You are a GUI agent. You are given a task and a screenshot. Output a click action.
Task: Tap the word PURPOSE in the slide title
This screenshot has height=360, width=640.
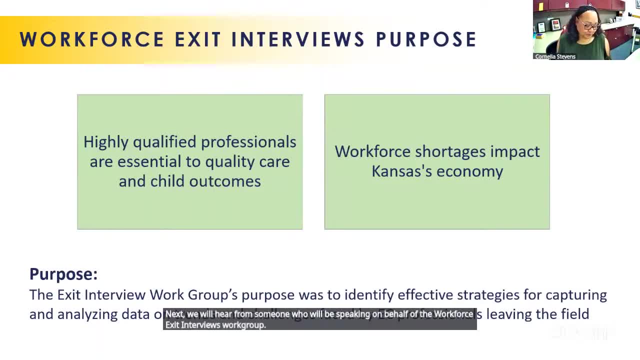pos(426,39)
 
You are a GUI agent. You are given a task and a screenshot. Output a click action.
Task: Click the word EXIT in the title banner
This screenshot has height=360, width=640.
pos(198,39)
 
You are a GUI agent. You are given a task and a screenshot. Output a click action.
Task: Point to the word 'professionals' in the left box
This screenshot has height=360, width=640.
pos(251,142)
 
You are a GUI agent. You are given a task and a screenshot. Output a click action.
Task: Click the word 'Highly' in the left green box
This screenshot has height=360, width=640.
pos(106,142)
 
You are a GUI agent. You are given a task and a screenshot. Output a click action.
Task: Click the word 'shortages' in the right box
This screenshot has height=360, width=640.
pos(450,152)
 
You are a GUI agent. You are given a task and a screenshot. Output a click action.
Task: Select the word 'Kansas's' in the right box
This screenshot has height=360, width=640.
pos(402,171)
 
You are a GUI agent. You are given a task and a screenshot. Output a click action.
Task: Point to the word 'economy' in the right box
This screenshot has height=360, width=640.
pos(470,171)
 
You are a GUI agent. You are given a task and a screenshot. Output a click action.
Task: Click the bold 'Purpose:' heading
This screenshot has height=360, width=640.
pos(63,274)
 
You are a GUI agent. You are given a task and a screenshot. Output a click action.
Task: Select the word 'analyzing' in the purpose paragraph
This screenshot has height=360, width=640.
pos(87,314)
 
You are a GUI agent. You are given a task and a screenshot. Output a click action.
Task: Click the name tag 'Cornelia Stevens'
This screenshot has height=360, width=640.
pos(555,56)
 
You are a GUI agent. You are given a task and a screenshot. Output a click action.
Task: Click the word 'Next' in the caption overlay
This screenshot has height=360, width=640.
pos(174,314)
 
